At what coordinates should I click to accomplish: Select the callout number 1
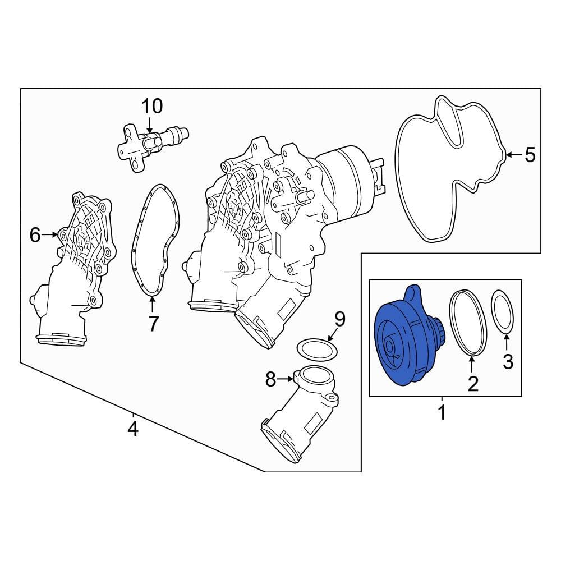click(x=442, y=412)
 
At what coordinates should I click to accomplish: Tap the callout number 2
click(x=473, y=384)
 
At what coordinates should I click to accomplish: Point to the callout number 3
click(x=508, y=361)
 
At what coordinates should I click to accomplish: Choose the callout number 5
click(x=530, y=155)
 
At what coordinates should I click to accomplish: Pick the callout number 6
click(x=35, y=234)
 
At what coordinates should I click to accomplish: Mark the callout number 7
click(x=153, y=324)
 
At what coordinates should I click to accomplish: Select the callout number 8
click(x=270, y=379)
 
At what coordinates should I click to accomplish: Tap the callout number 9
click(x=339, y=319)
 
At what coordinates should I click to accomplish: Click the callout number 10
click(x=152, y=106)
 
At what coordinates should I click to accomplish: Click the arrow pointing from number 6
click(x=50, y=234)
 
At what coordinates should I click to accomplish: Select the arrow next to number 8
click(x=285, y=379)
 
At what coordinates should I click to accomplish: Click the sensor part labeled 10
click(x=153, y=146)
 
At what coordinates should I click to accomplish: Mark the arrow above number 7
click(x=153, y=304)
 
